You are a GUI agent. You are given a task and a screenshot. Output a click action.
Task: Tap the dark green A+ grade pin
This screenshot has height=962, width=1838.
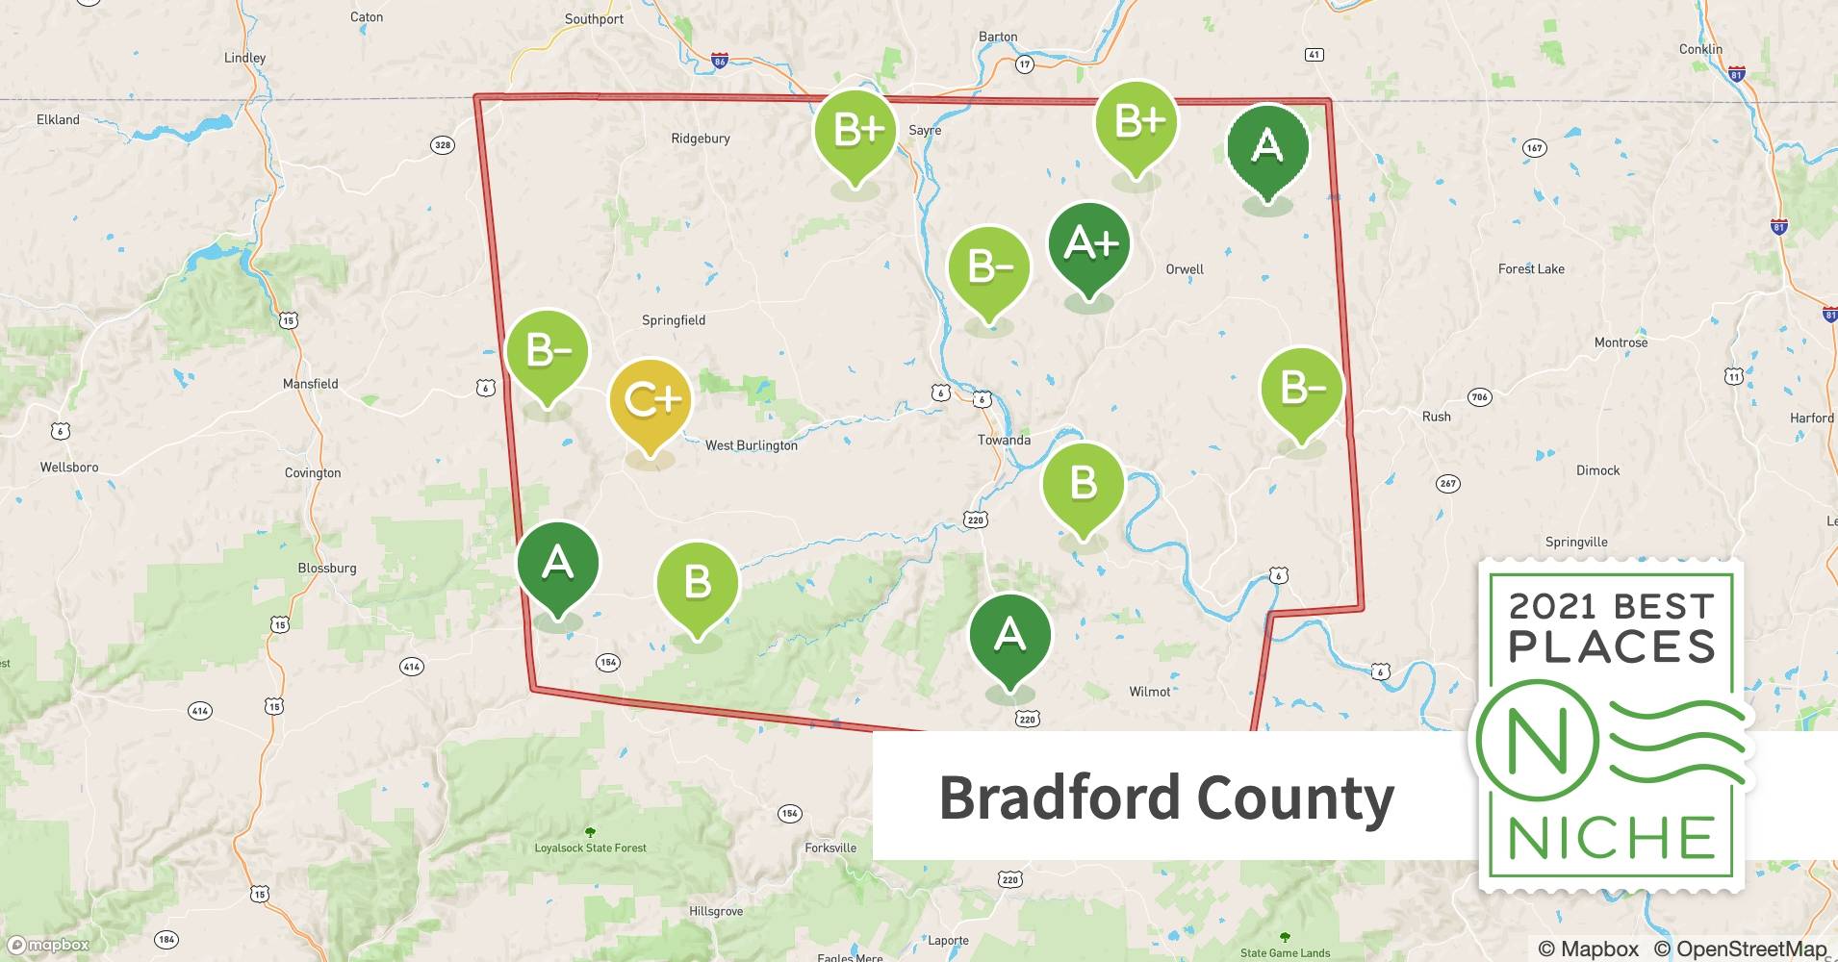(1088, 244)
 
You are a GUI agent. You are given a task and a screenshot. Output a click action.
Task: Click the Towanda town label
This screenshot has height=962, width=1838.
(1004, 440)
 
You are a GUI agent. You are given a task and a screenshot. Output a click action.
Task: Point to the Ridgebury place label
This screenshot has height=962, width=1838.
(700, 139)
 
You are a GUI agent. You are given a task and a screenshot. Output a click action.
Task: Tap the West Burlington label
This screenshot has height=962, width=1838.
(751, 445)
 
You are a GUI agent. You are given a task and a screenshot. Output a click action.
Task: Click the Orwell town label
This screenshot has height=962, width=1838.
(1184, 269)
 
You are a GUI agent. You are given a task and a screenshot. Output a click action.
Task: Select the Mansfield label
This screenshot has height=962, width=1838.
(310, 384)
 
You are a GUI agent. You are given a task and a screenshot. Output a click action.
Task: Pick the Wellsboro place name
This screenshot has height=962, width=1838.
(69, 468)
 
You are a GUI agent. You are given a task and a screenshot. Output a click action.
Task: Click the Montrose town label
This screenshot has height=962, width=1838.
(1621, 342)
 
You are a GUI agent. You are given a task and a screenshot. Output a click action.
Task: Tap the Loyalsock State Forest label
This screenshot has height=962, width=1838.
(590, 848)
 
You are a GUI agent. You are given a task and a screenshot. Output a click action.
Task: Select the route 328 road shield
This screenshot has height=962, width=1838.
(442, 145)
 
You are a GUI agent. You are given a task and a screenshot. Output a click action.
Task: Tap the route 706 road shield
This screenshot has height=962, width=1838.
(1479, 396)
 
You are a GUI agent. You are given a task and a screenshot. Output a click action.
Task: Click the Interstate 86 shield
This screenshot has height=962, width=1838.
(719, 61)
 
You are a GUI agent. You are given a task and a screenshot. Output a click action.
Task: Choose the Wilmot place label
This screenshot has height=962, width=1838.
(1149, 692)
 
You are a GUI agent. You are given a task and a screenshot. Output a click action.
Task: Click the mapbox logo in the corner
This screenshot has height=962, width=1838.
(48, 945)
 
